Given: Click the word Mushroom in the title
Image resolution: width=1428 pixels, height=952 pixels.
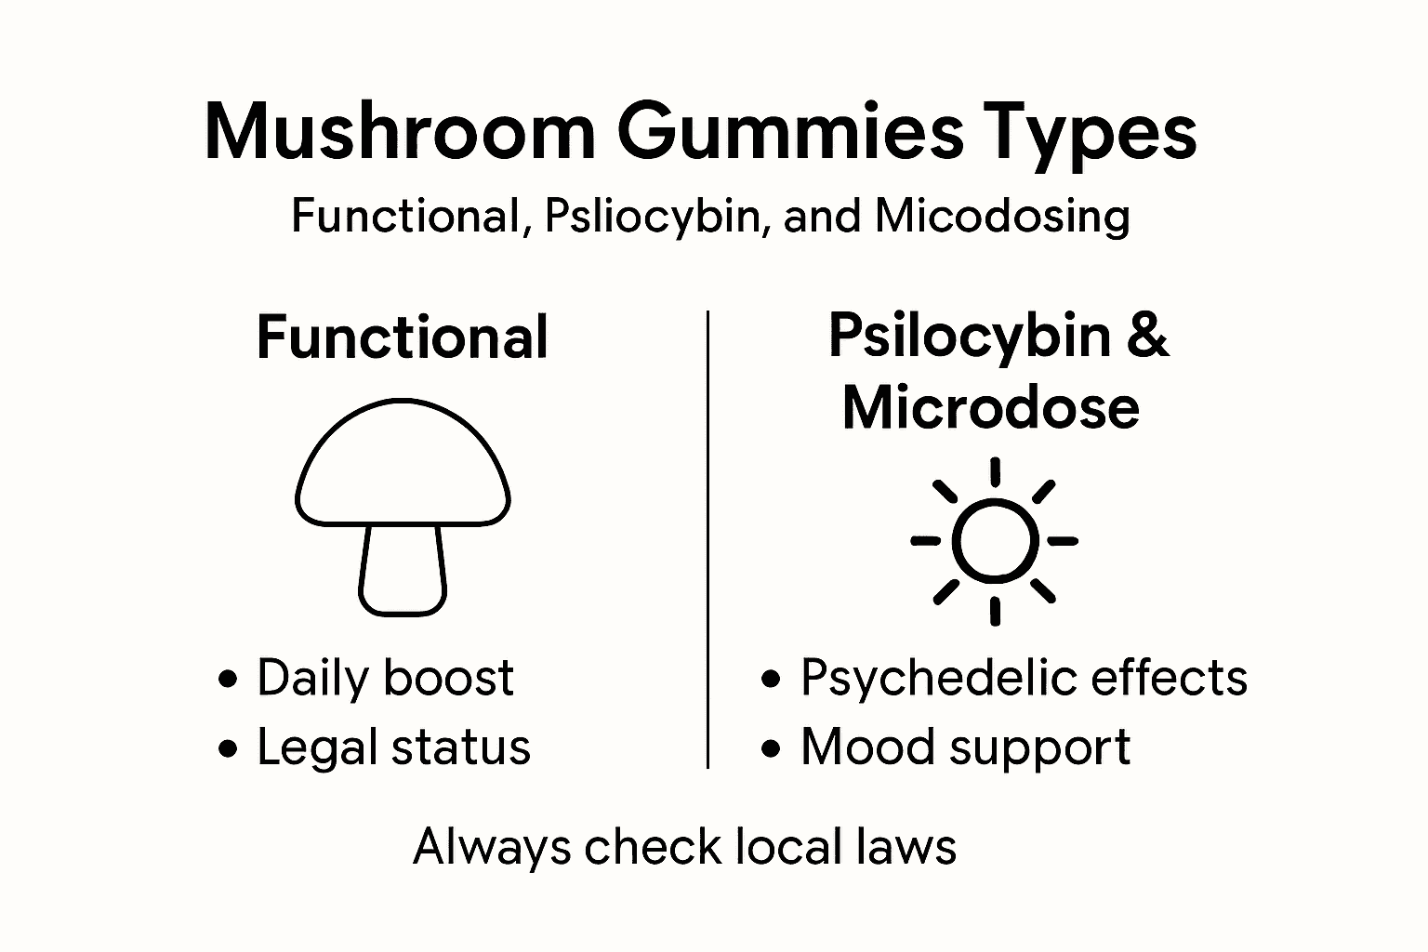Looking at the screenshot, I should [400, 133].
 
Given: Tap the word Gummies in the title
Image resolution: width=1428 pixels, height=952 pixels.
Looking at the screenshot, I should [790, 133].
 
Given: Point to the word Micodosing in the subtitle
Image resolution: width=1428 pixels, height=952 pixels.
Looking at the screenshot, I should [1002, 217].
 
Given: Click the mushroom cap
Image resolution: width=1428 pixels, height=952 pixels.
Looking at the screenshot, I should [403, 465].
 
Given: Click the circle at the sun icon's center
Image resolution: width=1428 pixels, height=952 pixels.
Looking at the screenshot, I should [995, 541].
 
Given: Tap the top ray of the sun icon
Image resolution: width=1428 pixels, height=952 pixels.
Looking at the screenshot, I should [995, 471].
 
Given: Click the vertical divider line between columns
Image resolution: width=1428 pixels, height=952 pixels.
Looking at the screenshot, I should [708, 539].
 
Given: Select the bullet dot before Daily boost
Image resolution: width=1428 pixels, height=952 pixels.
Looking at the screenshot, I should [227, 679].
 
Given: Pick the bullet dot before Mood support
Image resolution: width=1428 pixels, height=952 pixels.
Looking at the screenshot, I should [770, 748].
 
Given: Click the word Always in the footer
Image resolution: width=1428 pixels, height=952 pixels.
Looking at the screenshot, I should [492, 848].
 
